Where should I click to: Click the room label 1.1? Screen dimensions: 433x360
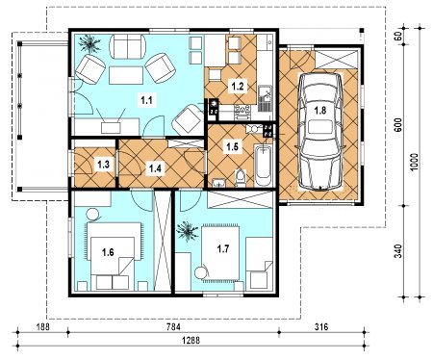tap(146, 101)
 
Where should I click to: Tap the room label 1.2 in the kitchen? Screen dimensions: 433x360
tap(238, 87)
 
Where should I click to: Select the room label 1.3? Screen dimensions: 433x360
tap(104, 165)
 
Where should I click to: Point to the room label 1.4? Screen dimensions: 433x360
tap(155, 167)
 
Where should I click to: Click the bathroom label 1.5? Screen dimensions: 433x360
tap(232, 147)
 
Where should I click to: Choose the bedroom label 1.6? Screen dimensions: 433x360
tap(108, 252)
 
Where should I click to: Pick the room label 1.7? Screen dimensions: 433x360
tap(223, 248)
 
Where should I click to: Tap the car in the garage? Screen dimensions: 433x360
tap(320, 132)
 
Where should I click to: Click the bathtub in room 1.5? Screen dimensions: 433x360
tap(264, 166)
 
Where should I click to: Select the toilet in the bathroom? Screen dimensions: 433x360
tap(240, 178)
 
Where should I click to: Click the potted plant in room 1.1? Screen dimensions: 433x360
tap(89, 42)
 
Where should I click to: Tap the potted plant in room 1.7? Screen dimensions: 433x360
tap(187, 231)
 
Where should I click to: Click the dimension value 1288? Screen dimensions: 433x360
tap(191, 340)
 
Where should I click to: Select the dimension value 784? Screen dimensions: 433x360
tap(173, 327)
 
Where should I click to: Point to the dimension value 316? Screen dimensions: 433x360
tap(321, 327)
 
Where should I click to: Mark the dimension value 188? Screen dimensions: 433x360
tap(42, 327)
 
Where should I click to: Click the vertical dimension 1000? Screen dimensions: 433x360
tap(414, 163)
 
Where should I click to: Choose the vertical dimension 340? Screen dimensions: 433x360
tap(398, 251)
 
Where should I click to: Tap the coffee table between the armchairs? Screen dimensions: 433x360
tap(126, 75)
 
